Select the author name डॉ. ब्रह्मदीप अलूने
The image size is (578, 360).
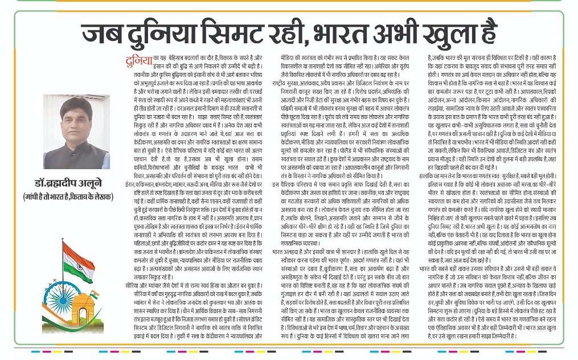pos(65,183)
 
